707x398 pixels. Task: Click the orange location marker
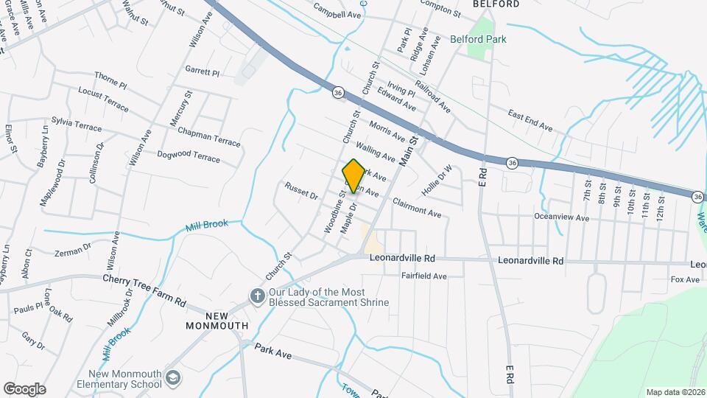353,176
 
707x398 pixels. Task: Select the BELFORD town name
491,4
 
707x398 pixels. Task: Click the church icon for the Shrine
257,296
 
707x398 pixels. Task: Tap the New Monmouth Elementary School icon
173,378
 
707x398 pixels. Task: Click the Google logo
24,388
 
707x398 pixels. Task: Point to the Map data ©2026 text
675,392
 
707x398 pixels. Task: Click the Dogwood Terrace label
189,156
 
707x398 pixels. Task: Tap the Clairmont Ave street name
417,207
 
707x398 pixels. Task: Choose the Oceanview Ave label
563,218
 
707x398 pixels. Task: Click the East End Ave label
530,120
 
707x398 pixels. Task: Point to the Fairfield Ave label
424,276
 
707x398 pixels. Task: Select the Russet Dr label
300,191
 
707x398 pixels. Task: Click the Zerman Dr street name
73,249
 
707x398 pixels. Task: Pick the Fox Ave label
684,280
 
